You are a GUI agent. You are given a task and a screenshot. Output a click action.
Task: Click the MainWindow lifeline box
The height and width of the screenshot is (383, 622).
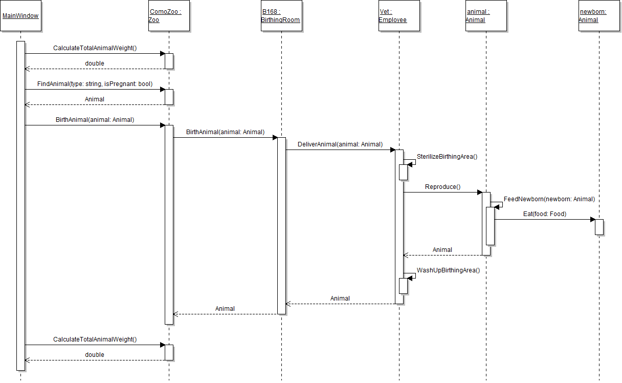point(20,16)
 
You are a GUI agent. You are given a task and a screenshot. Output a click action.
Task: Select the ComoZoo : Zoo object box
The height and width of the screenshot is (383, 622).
point(169,16)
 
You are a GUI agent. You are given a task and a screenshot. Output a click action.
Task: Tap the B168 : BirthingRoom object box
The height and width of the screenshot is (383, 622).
point(281,16)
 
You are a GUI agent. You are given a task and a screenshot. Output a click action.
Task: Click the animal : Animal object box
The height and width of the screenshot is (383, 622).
point(486,16)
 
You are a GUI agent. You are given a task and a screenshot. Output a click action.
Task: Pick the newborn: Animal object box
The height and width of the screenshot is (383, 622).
point(598,16)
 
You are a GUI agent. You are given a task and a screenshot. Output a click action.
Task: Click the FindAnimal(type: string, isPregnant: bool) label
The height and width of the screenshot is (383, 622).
point(95,84)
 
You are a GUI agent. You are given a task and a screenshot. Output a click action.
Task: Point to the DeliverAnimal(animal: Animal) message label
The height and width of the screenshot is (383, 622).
point(340,144)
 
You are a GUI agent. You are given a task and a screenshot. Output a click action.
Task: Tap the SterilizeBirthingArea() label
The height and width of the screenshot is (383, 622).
point(447,157)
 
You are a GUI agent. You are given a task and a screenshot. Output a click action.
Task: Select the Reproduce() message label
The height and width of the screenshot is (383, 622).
point(442,187)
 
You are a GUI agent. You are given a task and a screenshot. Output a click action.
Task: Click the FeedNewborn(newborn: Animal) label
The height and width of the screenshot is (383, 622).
point(549,199)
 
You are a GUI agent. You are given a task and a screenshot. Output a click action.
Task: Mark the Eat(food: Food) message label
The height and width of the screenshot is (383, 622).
point(545,214)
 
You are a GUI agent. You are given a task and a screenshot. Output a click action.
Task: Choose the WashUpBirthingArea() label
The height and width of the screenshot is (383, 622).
point(448,270)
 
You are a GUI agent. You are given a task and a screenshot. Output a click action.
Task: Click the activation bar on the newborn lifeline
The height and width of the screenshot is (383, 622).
point(599,227)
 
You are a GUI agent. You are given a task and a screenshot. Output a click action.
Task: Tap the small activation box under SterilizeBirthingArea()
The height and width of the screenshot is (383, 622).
point(403,172)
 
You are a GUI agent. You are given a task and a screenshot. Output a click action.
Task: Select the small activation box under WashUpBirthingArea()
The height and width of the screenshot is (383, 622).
point(403,286)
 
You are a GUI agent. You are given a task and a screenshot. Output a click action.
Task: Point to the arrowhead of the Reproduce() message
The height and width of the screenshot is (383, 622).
point(479,193)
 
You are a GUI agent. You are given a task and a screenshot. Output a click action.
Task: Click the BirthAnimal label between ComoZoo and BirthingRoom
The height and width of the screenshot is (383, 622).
point(225,132)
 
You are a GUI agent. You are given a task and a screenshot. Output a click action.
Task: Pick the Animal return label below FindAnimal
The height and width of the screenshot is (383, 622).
point(95,99)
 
